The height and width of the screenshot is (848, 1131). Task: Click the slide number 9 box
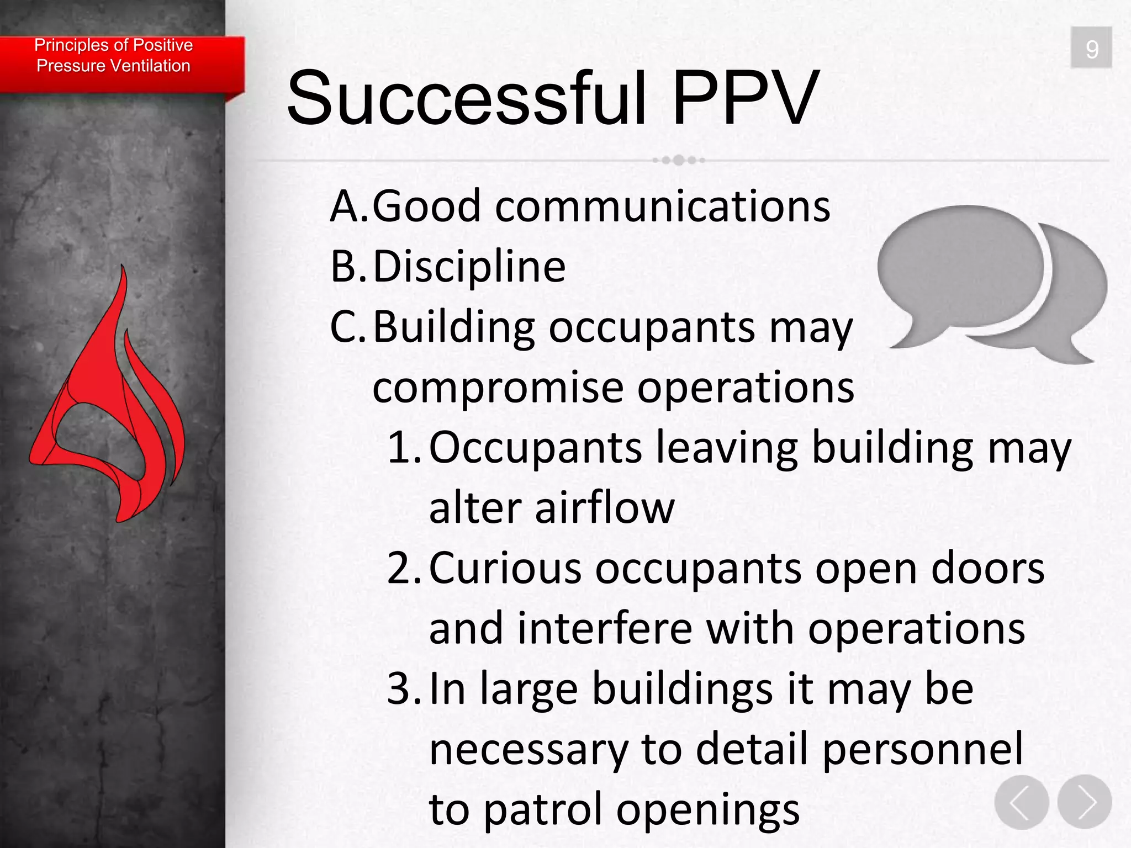point(1091,48)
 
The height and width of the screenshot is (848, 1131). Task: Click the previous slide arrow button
point(1021,802)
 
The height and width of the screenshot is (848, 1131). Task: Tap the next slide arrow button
point(1085,802)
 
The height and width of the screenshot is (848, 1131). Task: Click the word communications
point(663,207)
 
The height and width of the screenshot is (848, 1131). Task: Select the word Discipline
point(469,267)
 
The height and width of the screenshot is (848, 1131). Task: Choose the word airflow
point(604,508)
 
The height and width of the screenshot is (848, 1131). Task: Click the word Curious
point(505,569)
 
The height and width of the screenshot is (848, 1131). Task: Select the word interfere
point(605,629)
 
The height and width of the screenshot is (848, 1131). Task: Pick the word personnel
point(922,750)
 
